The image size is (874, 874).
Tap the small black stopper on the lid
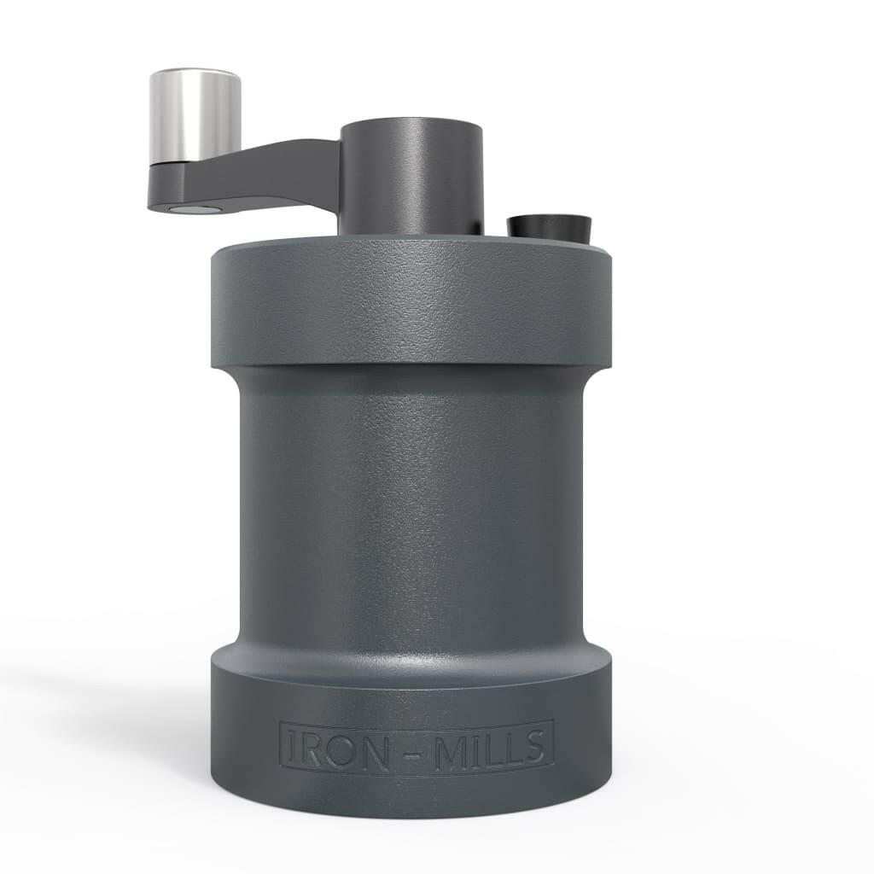[x=549, y=228]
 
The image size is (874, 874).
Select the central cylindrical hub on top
[x=411, y=175]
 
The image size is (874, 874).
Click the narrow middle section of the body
[x=411, y=512]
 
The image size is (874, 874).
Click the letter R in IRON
[x=313, y=748]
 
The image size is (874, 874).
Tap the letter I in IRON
[x=291, y=748]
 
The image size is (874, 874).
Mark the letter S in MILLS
[x=533, y=748]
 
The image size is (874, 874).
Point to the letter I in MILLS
[x=476, y=748]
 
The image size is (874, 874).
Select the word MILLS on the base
[x=491, y=748]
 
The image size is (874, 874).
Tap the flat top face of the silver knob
[x=195, y=75]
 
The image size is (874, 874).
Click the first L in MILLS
[x=492, y=748]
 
